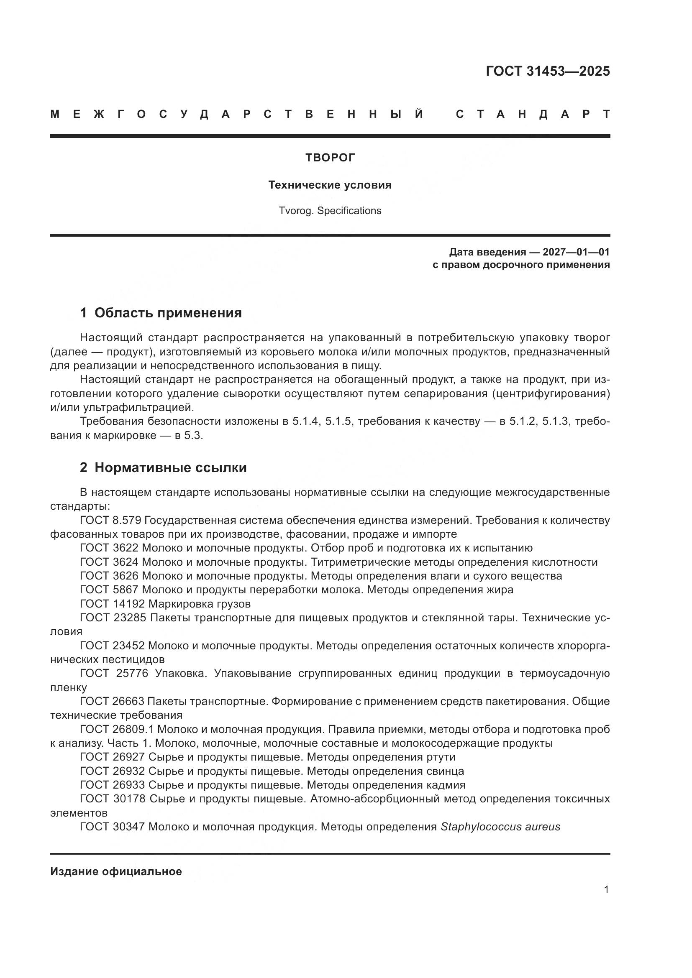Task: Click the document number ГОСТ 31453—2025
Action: click(x=548, y=71)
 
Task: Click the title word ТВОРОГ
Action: click(x=330, y=158)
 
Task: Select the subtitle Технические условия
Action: click(x=330, y=185)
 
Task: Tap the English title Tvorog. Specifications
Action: click(x=330, y=211)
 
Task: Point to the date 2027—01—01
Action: click(x=576, y=252)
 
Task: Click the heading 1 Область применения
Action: click(x=161, y=313)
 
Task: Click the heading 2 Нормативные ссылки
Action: click(x=163, y=468)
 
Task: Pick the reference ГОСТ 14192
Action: click(x=113, y=604)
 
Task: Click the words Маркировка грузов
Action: click(x=200, y=604)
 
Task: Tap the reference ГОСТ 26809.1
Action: click(x=116, y=730)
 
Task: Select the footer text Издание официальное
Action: click(x=116, y=871)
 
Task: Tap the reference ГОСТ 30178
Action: click(x=113, y=799)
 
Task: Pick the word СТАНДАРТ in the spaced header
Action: click(x=533, y=114)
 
